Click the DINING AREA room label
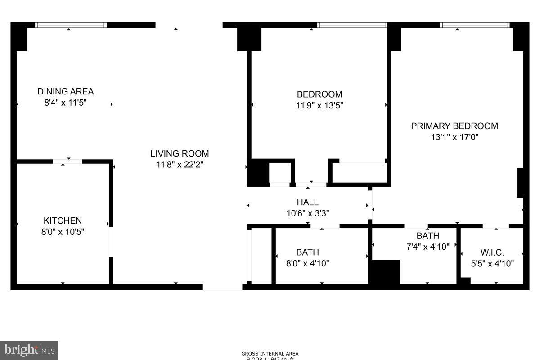pos(65,91)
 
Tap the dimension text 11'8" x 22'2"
pos(180,165)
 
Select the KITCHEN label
pos(63,220)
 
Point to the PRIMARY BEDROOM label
pos(454,126)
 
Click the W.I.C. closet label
pos(492,252)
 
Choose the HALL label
pos(307,202)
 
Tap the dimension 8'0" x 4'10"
pos(307,263)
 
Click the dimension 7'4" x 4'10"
pos(427,246)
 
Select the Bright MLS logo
pos(29,350)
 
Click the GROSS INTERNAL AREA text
pos(270,354)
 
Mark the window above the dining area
pos(71,25)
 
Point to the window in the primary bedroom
pos(475,25)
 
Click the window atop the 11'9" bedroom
pos(352,25)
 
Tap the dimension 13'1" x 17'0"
pos(454,137)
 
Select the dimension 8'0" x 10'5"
pos(63,232)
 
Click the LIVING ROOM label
pos(180,153)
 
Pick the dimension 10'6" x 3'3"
pos(307,213)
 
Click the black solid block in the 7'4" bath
pos(384,272)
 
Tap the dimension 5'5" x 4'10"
pos(492,264)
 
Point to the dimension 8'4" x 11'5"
pos(65,103)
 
